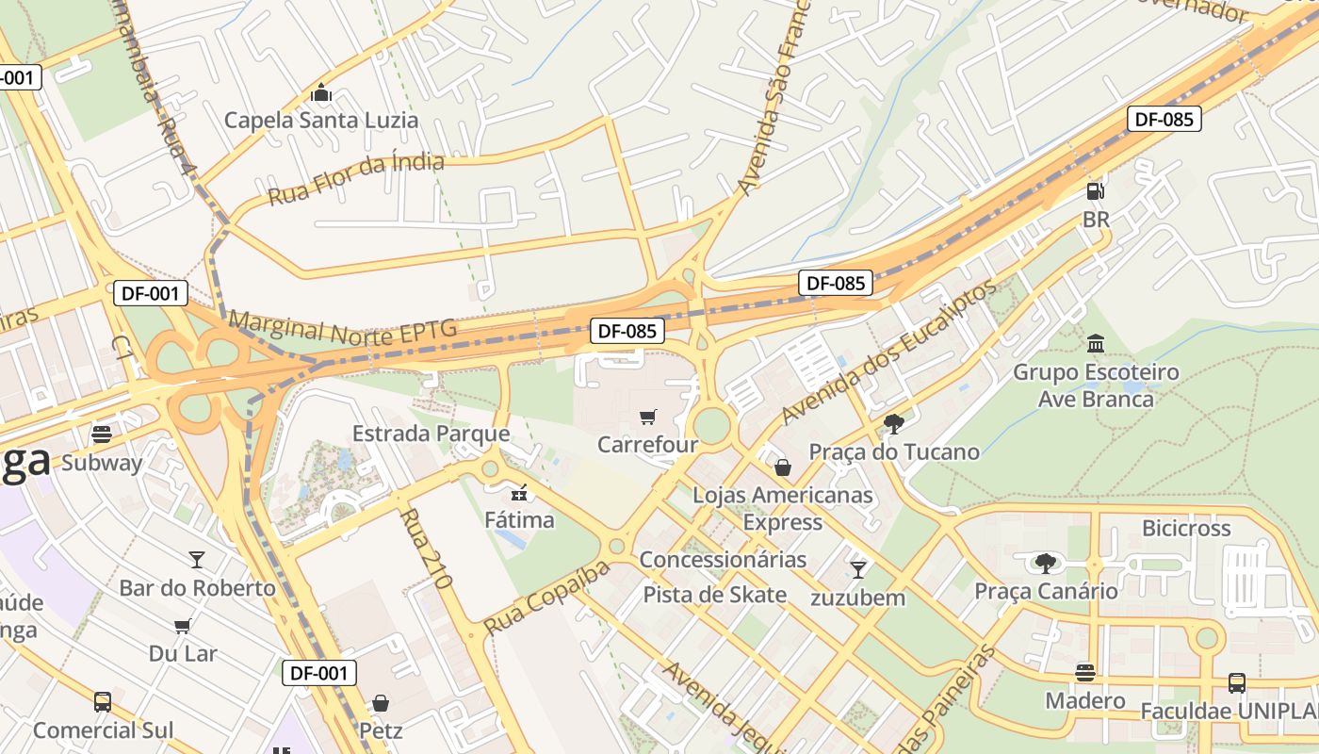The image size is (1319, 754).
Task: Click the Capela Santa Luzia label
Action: point(320,121)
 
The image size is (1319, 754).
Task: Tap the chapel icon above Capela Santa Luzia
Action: point(321,93)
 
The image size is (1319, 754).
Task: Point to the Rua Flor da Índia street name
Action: point(356,179)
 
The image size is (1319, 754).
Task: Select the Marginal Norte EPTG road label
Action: point(342,326)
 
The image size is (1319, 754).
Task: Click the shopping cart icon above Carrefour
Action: point(647,418)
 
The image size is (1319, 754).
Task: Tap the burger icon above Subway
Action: point(102,434)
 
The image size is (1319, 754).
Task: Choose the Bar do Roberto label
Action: point(197,588)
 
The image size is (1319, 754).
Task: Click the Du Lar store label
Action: point(183,653)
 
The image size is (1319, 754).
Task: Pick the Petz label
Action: point(381,730)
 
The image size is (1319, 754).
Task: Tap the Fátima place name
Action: point(519,519)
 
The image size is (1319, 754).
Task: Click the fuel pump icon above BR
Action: point(1096,191)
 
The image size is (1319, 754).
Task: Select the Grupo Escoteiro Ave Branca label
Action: point(1096,385)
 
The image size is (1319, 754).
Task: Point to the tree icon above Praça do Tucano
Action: point(894,424)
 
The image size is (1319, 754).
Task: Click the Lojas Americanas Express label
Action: point(783,508)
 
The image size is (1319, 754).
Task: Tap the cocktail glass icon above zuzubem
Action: point(857,569)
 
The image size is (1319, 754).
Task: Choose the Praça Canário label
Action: point(1046,591)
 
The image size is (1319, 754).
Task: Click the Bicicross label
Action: point(1186,528)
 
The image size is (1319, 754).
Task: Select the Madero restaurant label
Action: point(1085,700)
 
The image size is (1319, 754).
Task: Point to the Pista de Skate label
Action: point(714,595)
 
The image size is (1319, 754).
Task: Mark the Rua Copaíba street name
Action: point(546,598)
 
